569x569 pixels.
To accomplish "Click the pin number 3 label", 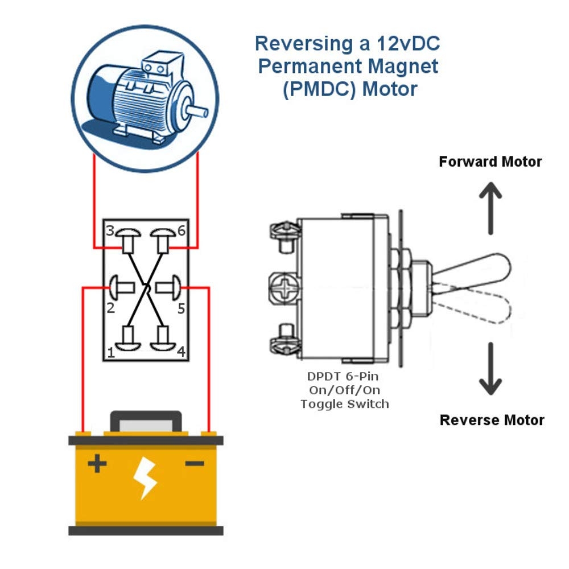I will (109, 230).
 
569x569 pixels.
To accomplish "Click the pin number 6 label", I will (180, 230).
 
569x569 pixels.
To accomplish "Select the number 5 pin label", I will (180, 309).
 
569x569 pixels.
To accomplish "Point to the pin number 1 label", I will (110, 352).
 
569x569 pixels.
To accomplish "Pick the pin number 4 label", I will (180, 352).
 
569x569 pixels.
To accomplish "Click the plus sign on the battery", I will (97, 464).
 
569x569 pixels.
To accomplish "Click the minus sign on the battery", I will (195, 464).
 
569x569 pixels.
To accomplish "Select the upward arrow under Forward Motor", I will (490, 208).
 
